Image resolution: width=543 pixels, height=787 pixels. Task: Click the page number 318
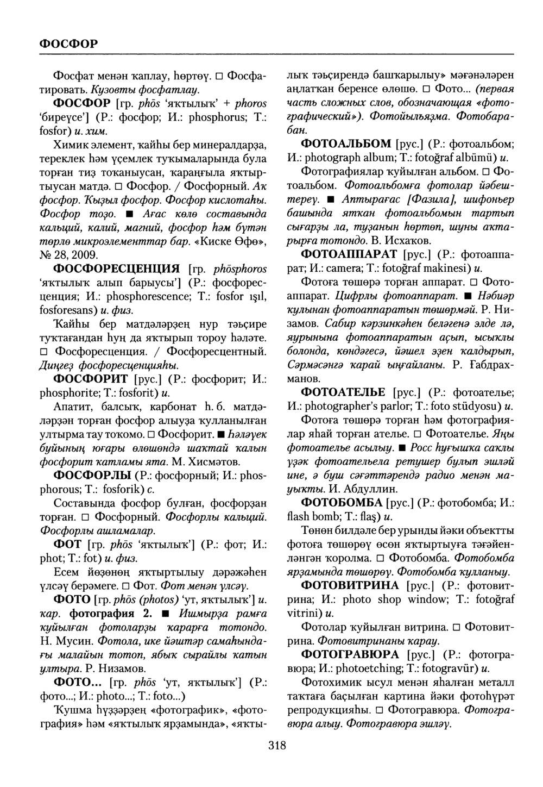click(276, 746)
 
